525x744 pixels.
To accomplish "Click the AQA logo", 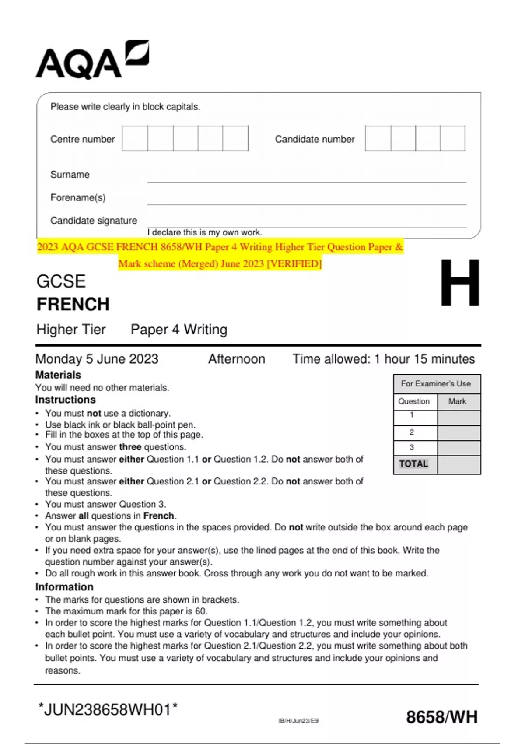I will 92,60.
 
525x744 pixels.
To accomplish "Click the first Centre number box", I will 135,138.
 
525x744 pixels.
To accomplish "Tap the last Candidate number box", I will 452,138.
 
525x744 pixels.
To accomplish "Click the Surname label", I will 70,175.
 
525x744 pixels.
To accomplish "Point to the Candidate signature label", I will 94,221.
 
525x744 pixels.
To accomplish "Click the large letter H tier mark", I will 459,283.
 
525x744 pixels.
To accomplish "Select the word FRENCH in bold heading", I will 73,304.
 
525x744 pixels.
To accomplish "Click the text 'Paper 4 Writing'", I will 179,330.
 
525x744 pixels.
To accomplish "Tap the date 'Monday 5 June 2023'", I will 97,359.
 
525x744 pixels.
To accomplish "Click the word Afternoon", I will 236,359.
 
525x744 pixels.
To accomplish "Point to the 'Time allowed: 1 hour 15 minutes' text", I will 383,359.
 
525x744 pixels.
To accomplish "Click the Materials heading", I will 58,375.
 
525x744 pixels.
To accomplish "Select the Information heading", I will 64,587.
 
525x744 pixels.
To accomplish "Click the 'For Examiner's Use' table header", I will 436,384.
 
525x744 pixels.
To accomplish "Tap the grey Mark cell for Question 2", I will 458,433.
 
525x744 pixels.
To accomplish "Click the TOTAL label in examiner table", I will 413,464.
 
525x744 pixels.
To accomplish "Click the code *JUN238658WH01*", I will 108,709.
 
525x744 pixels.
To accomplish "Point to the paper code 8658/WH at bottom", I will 441,717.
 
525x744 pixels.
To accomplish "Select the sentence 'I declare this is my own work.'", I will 205,232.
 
